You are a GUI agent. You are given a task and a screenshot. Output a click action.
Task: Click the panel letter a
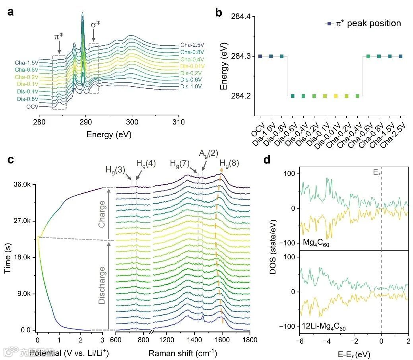coord(11,12)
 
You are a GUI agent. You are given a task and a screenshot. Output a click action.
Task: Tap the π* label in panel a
coord(59,37)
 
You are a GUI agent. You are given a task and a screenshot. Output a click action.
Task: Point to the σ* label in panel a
coord(95,25)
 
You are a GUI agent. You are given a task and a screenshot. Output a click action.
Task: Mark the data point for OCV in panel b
coord(260,56)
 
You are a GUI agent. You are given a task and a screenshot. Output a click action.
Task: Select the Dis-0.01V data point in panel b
coord(336,96)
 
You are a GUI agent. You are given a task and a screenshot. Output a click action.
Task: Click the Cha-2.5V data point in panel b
coord(400,56)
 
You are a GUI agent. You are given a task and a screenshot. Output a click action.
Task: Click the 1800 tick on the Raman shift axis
coord(249,340)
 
